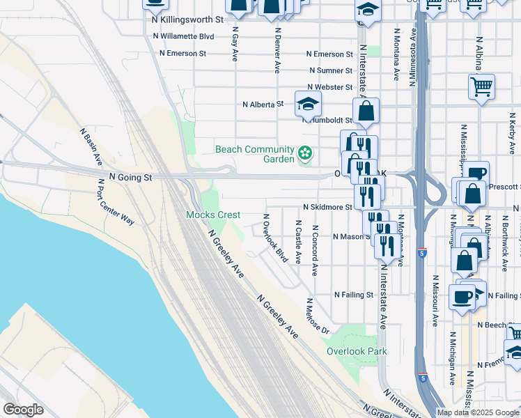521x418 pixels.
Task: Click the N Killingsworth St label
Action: [x=187, y=20]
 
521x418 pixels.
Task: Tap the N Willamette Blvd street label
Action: [x=187, y=36]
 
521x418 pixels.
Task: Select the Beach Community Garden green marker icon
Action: [x=304, y=153]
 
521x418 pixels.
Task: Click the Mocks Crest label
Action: [x=213, y=215]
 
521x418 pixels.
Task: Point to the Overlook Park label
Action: [x=357, y=351]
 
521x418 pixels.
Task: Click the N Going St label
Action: [x=130, y=178]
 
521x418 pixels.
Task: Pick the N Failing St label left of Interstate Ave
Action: [x=354, y=295]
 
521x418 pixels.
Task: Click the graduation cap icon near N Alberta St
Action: [x=308, y=104]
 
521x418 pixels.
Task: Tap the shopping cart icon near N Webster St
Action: [x=481, y=87]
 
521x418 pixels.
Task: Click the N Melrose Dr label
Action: [x=316, y=316]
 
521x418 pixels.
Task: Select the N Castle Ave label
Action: [x=298, y=241]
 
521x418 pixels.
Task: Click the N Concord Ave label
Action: [x=315, y=249]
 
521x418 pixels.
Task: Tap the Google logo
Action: [x=23, y=410]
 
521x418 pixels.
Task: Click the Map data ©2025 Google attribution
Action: [x=477, y=412]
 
